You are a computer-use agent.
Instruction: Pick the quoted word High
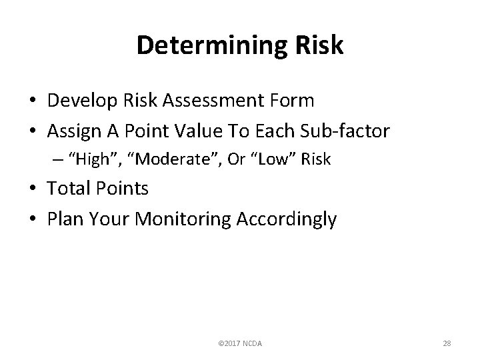94,160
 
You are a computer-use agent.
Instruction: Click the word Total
69,189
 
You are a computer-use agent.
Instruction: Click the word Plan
64,219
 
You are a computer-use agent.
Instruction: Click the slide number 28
447,343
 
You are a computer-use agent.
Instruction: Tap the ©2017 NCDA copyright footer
240,343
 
